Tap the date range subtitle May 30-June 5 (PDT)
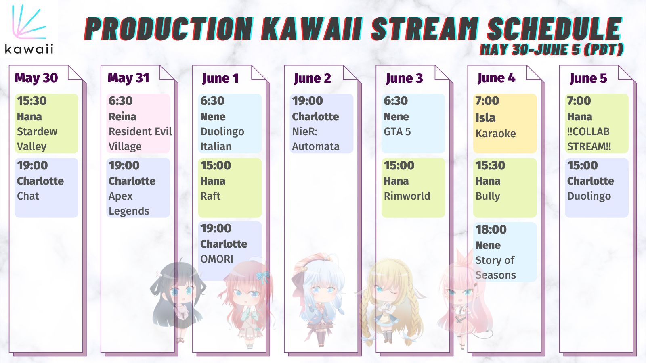[x=552, y=50]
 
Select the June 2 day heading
[x=312, y=78]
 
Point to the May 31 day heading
[x=128, y=78]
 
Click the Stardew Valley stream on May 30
[x=46, y=123]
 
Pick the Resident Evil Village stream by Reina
[x=138, y=123]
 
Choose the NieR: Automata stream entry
[x=321, y=123]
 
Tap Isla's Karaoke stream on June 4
[x=505, y=123]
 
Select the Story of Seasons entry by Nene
[x=505, y=252]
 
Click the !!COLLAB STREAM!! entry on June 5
[x=596, y=123]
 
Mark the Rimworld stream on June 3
[x=413, y=188]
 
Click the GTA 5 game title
[x=397, y=131]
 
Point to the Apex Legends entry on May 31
[x=138, y=188]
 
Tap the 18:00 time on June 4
[x=491, y=229]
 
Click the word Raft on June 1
[x=210, y=196]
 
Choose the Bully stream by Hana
[x=505, y=188]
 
